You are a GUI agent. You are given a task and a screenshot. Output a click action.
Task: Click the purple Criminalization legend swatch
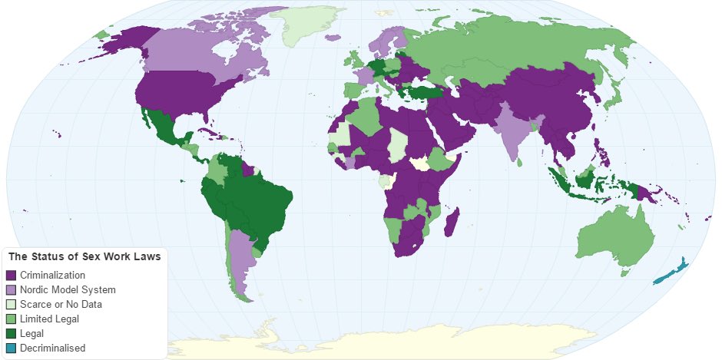11,275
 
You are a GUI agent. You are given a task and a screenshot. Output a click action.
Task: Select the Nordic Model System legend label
68,289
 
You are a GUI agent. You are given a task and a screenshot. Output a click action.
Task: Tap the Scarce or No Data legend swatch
11,304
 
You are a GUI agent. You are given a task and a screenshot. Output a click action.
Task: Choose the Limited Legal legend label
51,319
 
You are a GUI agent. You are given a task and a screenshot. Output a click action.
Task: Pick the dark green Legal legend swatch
11,333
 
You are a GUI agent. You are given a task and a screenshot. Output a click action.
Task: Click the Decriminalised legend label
54,348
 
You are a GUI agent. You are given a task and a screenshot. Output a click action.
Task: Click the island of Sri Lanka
522,160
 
